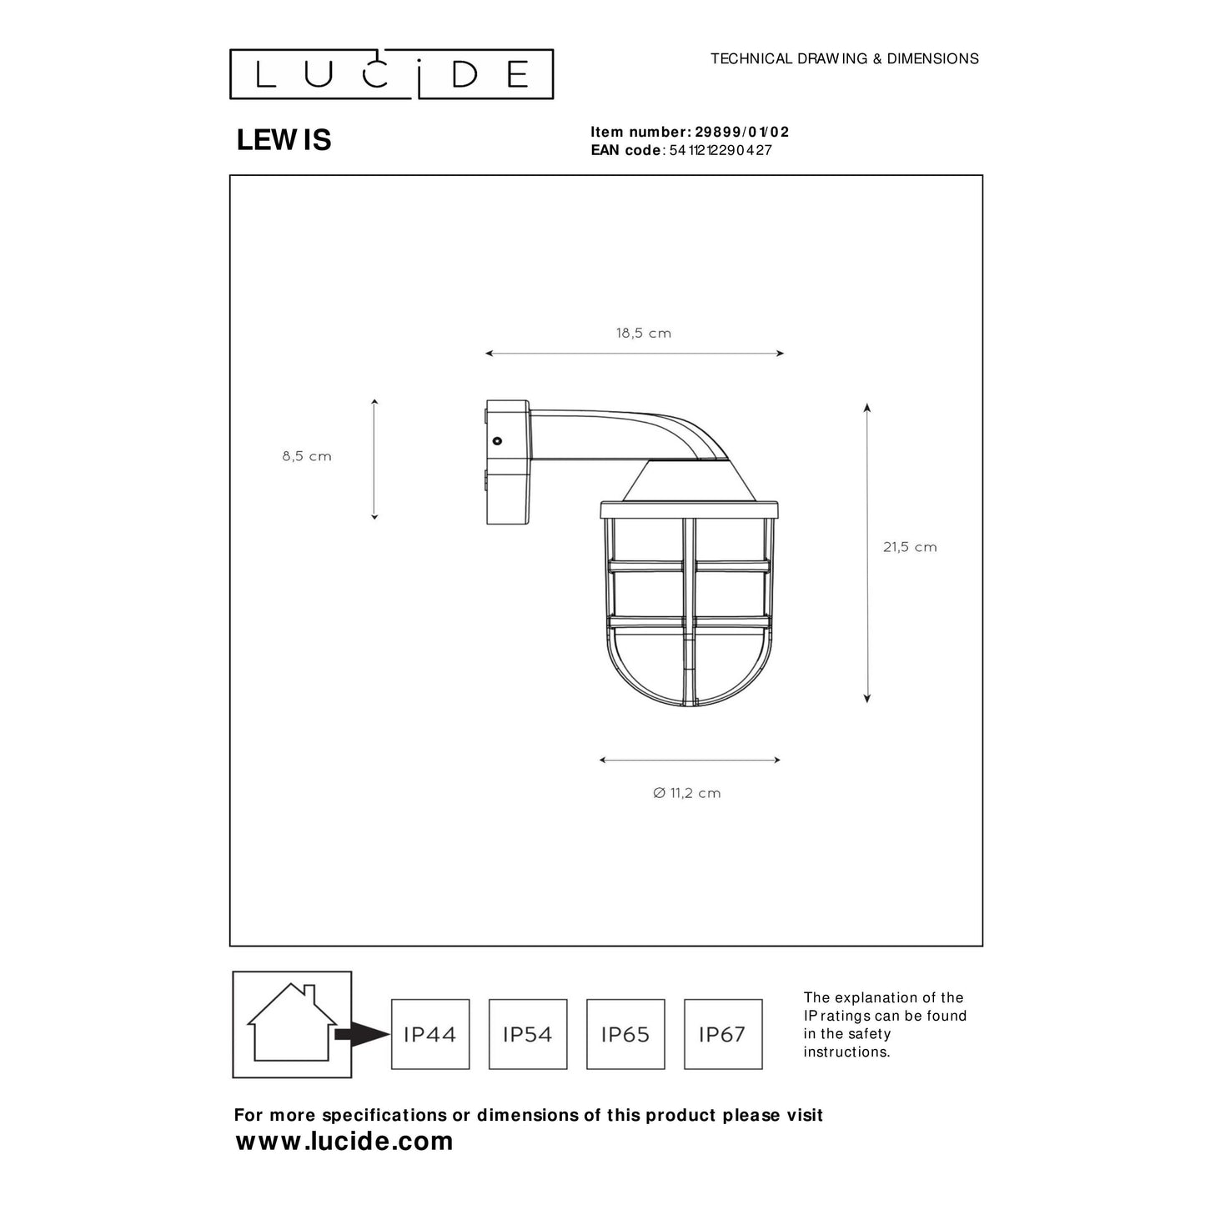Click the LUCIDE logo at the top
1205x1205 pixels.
pyautogui.click(x=391, y=74)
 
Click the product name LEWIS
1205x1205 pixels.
pyautogui.click(x=284, y=140)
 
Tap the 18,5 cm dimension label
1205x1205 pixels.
pyautogui.click(x=643, y=334)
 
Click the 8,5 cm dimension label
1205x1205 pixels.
pyautogui.click(x=307, y=456)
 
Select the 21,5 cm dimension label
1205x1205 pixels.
pyautogui.click(x=910, y=547)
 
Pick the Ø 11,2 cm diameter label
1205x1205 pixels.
pyautogui.click(x=686, y=793)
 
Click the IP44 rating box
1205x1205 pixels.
pyautogui.click(x=430, y=1034)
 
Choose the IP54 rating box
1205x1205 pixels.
pyautogui.click(x=528, y=1034)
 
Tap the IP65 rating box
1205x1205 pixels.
pyautogui.click(x=625, y=1034)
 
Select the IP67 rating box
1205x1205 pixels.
pyautogui.click(x=723, y=1034)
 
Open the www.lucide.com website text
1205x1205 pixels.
pyautogui.click(x=344, y=1141)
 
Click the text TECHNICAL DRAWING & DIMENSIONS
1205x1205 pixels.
pyautogui.click(x=844, y=58)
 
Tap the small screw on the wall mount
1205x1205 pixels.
pyautogui.click(x=497, y=440)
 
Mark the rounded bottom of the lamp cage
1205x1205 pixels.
pyautogui.click(x=689, y=688)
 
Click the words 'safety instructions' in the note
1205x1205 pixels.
pyautogui.click(x=846, y=1043)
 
